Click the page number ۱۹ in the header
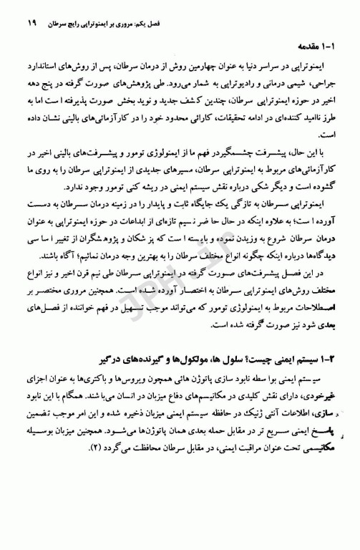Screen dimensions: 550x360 [31, 14]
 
